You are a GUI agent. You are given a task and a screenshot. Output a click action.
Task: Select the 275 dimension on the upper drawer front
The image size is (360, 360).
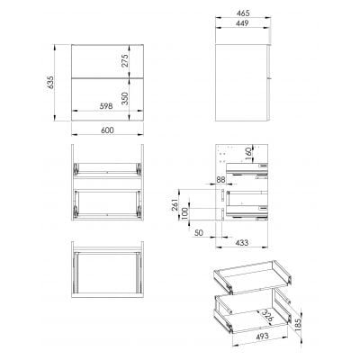click(127, 60)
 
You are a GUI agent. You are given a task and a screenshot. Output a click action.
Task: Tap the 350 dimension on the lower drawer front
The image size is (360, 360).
click(127, 95)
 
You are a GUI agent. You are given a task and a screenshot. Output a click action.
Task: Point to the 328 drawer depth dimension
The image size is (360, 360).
click(263, 314)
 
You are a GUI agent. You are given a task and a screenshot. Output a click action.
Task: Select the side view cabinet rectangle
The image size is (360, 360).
click(245, 79)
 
